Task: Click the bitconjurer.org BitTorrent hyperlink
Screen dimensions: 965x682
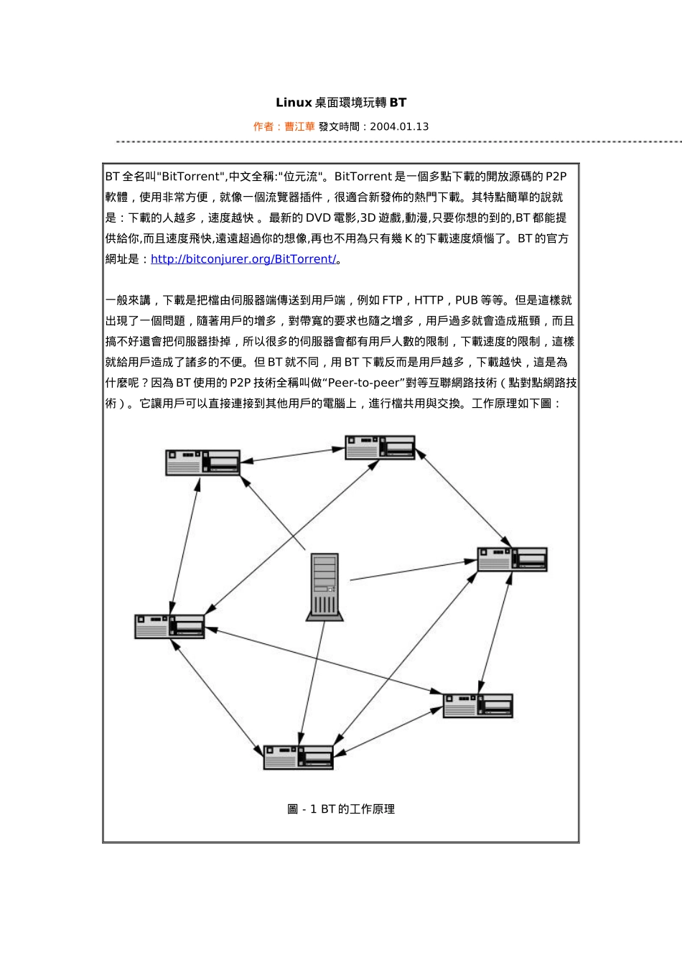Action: point(243,259)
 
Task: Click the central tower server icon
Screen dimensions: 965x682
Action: point(324,586)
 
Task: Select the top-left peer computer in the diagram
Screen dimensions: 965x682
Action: point(202,462)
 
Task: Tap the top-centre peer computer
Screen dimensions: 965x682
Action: point(380,447)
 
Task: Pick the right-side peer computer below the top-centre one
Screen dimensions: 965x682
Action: point(512,559)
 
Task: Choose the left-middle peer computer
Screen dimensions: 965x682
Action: point(169,626)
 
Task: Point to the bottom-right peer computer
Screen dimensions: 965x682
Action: point(477,705)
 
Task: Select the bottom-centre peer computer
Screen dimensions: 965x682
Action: point(298,757)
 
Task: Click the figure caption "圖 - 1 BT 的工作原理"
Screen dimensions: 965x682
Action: point(341,809)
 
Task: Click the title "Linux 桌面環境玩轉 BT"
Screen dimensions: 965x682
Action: point(341,103)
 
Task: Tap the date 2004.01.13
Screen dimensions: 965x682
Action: point(399,126)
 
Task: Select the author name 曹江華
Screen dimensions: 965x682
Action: point(299,126)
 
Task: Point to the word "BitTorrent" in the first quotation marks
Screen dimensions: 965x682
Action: point(191,177)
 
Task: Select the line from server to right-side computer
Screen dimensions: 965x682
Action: point(413,570)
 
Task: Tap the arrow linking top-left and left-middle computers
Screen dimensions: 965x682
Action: point(184,546)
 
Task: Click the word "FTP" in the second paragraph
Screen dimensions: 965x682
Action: point(392,300)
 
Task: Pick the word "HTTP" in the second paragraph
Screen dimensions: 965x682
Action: point(429,300)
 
